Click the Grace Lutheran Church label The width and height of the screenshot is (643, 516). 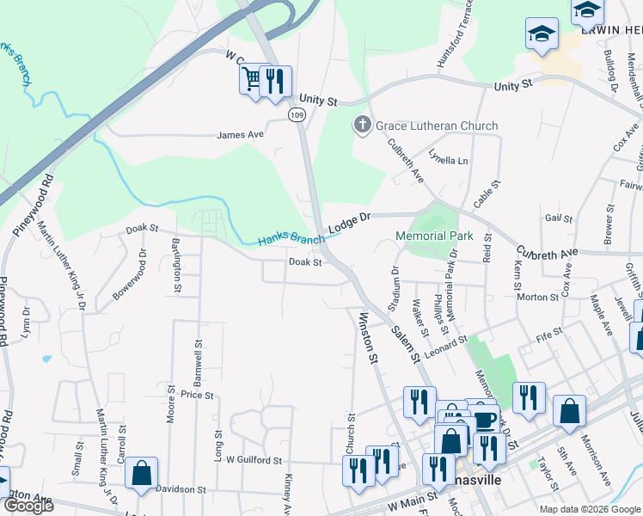point(438,126)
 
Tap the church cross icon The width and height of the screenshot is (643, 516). point(362,126)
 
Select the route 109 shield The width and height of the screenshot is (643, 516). point(297,114)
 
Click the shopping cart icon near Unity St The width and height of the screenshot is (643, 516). point(252,80)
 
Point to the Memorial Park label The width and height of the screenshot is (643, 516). point(434,236)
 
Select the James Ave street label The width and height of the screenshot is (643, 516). point(241,135)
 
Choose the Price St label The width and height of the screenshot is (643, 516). point(197,395)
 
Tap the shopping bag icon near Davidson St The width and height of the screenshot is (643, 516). point(141,473)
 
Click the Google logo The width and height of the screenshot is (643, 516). point(28,507)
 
